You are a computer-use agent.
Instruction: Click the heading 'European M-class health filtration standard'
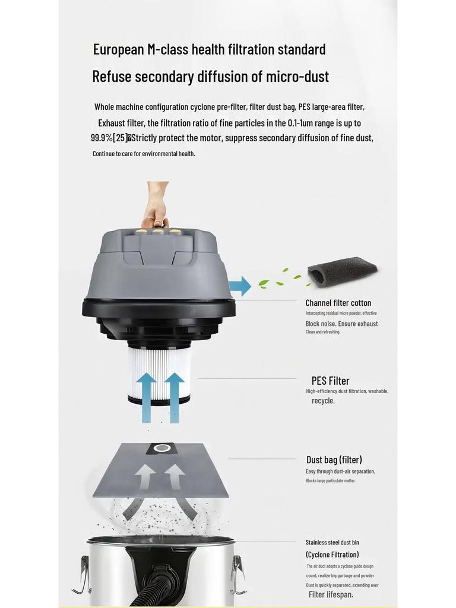point(209,49)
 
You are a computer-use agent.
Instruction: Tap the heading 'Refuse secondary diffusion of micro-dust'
point(210,77)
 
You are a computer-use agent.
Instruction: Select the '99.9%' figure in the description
point(102,138)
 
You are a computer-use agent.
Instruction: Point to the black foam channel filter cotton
point(342,272)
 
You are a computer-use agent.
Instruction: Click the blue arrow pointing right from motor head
point(239,286)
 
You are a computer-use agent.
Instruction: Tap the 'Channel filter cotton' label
point(338,303)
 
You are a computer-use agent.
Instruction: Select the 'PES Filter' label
point(330,381)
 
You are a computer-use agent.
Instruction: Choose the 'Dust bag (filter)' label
point(334,460)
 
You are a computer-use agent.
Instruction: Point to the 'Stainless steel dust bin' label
point(332,542)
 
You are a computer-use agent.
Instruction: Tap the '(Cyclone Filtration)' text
point(332,555)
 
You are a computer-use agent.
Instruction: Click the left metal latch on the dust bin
point(82,575)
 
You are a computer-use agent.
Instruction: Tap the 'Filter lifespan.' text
point(331,594)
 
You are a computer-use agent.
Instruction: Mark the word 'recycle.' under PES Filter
point(323,401)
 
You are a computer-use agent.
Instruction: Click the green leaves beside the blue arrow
point(275,279)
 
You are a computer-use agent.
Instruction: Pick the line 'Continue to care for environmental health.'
point(144,154)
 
